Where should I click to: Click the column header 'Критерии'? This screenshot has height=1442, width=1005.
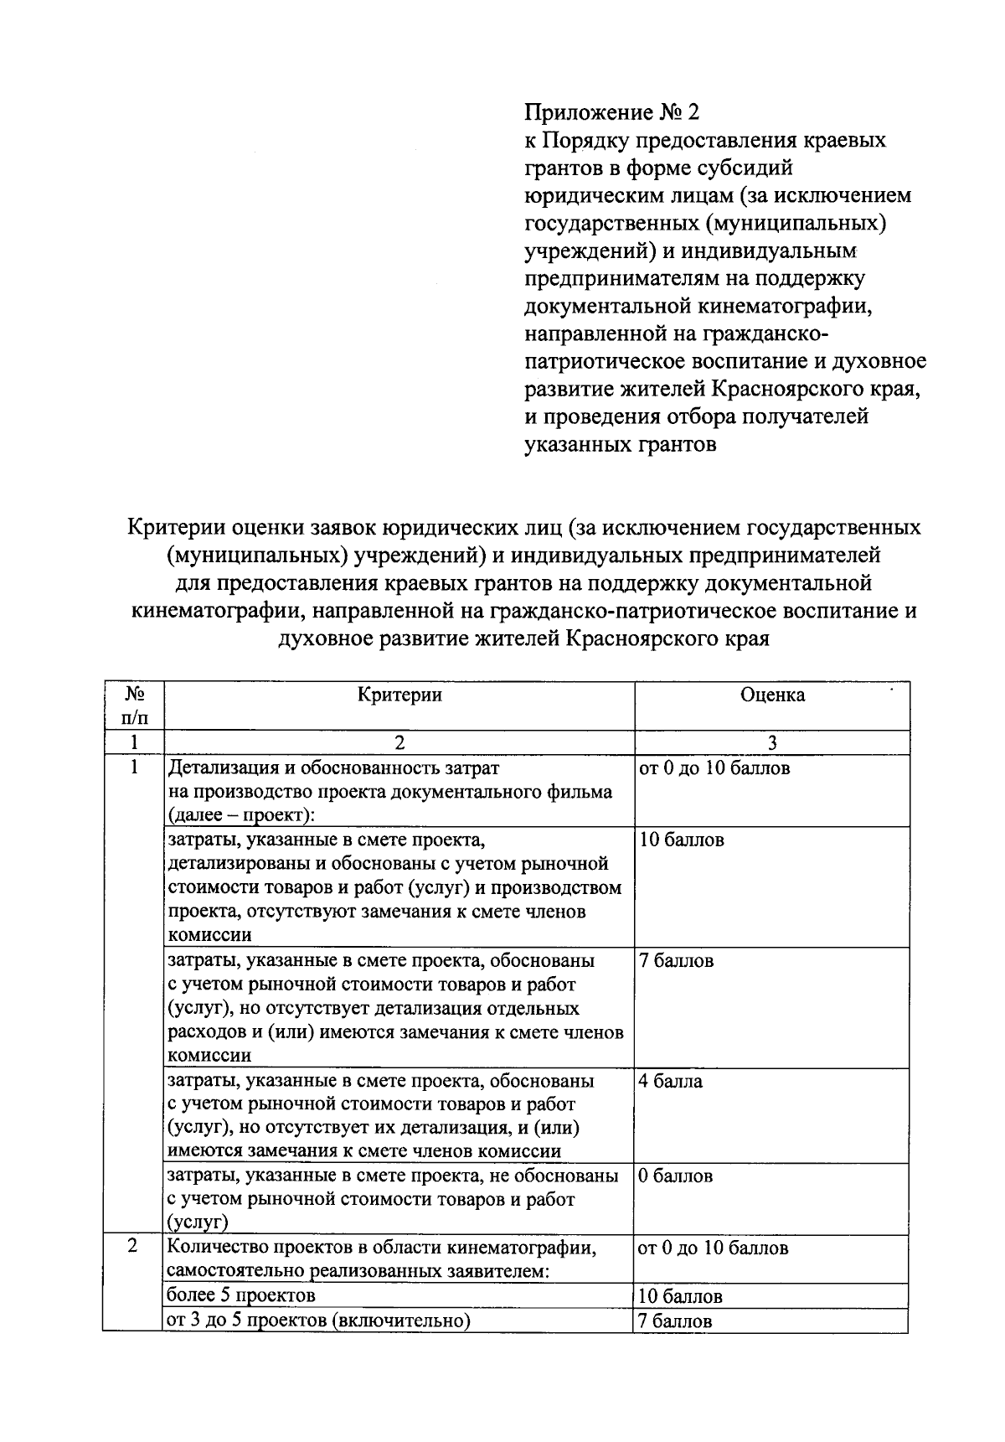(399, 695)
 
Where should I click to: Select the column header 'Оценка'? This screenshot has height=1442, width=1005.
(771, 695)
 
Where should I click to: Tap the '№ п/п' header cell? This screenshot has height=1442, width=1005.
(132, 705)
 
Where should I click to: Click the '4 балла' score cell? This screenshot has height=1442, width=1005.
(671, 1081)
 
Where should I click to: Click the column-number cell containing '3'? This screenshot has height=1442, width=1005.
(771, 742)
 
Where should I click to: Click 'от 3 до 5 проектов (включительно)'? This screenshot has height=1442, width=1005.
(319, 1321)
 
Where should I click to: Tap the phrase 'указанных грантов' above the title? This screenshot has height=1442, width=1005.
(620, 444)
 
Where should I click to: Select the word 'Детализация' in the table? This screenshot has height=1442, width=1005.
(221, 768)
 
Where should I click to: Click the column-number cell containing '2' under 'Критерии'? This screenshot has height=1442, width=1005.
(399, 742)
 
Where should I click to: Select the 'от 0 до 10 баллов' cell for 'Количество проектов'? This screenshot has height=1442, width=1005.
(713, 1248)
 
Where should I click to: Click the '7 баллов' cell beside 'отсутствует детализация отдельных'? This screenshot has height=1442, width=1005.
(677, 961)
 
